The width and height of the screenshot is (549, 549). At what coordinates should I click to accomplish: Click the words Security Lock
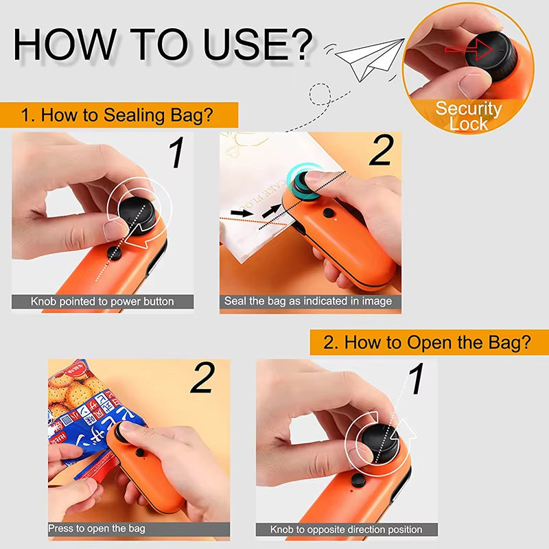tap(469, 116)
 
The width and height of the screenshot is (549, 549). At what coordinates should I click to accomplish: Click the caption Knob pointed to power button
tap(102, 301)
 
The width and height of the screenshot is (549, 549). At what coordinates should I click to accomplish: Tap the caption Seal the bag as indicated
tap(308, 301)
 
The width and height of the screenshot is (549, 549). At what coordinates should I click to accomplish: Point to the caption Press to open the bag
tap(97, 528)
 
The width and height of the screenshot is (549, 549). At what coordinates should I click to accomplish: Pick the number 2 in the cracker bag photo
tap(202, 379)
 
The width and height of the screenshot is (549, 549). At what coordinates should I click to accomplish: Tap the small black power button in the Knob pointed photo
tap(115, 253)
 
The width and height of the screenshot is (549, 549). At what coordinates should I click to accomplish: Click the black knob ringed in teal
tap(304, 182)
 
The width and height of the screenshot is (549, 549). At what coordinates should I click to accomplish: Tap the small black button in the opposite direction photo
tap(358, 480)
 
